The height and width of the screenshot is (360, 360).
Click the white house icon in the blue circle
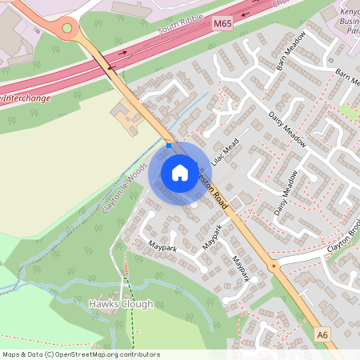180,172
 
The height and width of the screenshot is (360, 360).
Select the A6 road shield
322,334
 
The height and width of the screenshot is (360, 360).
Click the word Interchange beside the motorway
26,98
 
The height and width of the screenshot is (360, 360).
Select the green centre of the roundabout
67,28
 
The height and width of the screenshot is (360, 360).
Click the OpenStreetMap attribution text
81,354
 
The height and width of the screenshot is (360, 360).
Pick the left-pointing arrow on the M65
110,68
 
